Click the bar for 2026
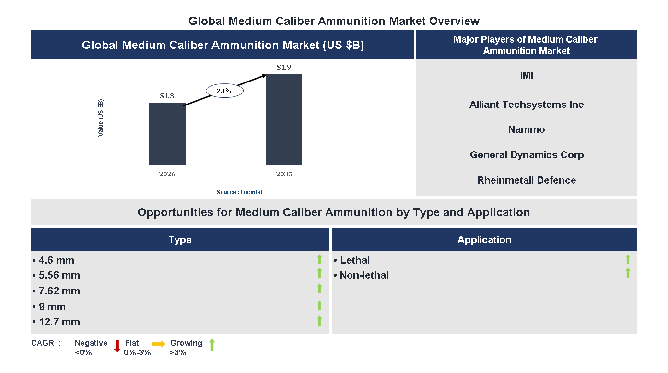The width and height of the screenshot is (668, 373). click(x=167, y=134)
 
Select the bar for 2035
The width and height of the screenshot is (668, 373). click(x=284, y=119)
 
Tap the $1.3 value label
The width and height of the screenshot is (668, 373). click(x=167, y=96)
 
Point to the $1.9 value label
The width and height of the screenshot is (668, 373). click(x=284, y=67)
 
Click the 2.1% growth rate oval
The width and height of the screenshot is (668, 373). click(x=224, y=91)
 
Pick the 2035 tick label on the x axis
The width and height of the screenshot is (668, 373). click(x=284, y=174)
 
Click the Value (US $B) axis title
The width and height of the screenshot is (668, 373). click(x=101, y=117)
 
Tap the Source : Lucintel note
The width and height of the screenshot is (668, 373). click(x=239, y=192)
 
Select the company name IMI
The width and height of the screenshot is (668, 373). click(x=527, y=76)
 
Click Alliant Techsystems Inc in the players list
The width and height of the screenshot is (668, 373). click(x=527, y=105)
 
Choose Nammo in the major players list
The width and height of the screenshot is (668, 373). click(x=527, y=129)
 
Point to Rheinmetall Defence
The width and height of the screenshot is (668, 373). click(x=527, y=180)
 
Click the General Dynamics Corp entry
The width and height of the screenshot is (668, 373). click(x=527, y=155)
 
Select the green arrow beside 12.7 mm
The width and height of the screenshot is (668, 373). click(x=319, y=321)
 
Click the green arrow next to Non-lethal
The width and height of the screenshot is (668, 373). click(x=628, y=273)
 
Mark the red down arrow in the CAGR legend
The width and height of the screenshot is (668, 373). click(x=117, y=346)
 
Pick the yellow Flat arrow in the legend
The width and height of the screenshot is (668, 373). click(x=159, y=344)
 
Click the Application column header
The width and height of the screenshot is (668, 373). click(x=484, y=240)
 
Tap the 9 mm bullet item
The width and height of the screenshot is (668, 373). click(x=49, y=307)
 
